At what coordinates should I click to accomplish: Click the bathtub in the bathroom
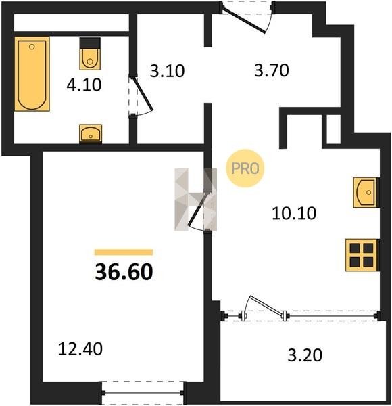coord(32,74)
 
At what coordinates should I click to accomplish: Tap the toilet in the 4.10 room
coord(90,53)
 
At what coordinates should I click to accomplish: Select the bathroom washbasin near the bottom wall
coord(91,133)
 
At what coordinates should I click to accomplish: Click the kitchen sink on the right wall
coord(366,192)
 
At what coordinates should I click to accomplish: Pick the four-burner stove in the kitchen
coord(362,255)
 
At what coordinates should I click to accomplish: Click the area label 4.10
coord(84,85)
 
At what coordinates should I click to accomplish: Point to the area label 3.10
coord(167,71)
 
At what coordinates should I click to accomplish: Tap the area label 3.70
coord(272,70)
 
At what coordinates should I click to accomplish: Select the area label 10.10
coord(294,213)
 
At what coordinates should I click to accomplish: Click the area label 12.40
coord(80,348)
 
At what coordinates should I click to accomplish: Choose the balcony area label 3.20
coord(305,355)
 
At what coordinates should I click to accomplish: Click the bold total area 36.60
coord(124,272)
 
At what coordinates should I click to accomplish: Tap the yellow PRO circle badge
coord(245,168)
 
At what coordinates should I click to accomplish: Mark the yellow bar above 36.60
coord(124,252)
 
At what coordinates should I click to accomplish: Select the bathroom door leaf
coord(143,93)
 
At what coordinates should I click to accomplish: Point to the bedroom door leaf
coord(198,208)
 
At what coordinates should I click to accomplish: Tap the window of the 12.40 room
coord(143,392)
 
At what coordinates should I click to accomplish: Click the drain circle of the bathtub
coord(32,47)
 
